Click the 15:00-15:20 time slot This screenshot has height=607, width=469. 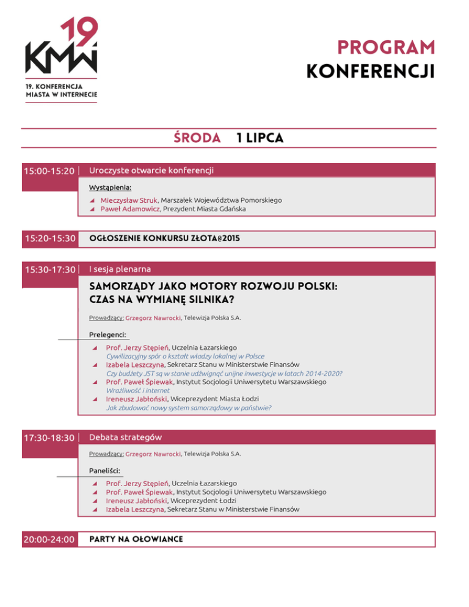click(49, 171)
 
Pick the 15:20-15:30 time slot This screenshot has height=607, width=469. click(49, 238)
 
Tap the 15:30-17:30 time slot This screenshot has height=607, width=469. click(49, 269)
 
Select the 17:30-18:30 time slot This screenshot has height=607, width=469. click(49, 438)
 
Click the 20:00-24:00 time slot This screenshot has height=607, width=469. click(49, 539)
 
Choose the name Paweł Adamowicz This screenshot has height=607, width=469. click(126, 209)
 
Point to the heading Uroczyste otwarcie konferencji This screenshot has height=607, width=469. click(151, 170)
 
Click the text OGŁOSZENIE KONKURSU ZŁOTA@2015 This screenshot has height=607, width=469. click(164, 238)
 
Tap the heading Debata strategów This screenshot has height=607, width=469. click(125, 437)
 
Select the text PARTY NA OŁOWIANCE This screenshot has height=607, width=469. click(136, 539)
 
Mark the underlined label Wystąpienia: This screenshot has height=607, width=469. click(110, 187)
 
